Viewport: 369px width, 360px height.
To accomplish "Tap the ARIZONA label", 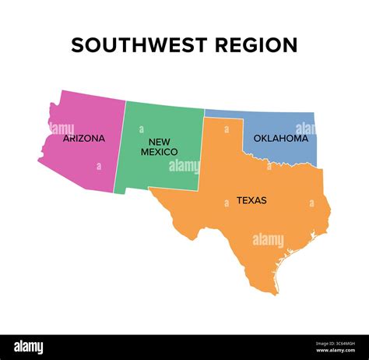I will [x=84, y=139].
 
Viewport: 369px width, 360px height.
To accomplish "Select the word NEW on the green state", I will [x=160, y=142].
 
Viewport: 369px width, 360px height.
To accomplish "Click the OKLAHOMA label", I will [x=280, y=139].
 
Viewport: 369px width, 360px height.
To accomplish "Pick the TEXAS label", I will [x=251, y=200].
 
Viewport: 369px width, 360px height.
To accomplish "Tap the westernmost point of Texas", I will [x=151, y=189].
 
